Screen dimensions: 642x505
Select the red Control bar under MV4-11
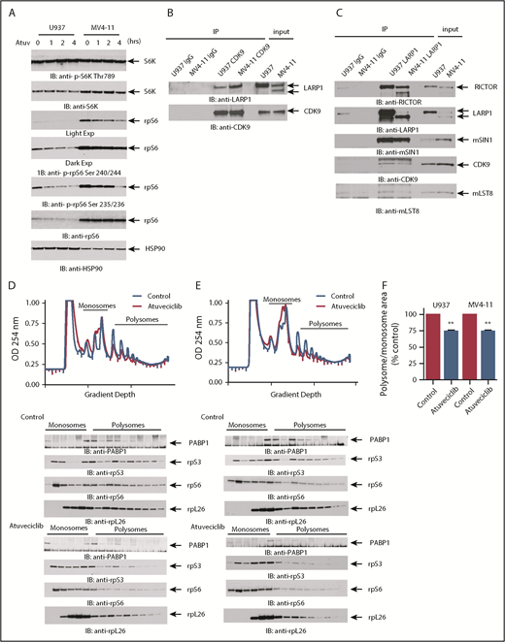click(x=451, y=373)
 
